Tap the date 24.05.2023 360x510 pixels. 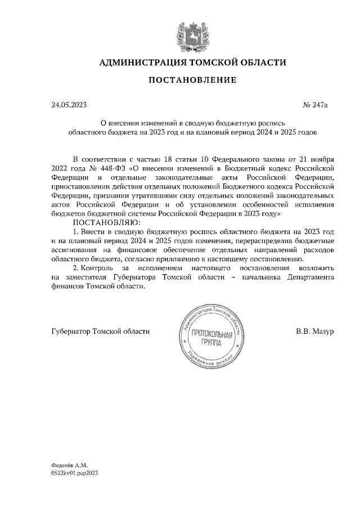click(69, 105)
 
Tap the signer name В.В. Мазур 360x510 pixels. click(315, 331)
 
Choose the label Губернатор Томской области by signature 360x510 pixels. click(100, 331)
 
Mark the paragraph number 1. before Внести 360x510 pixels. click(76, 232)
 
